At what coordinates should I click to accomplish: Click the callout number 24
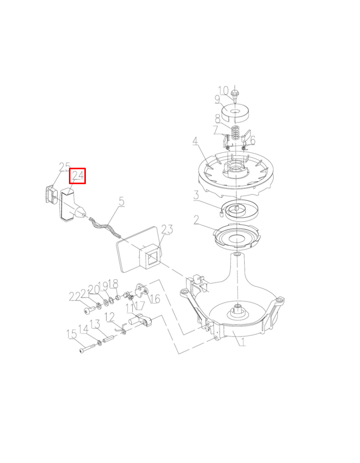(x=78, y=176)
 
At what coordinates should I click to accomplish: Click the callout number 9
(x=218, y=99)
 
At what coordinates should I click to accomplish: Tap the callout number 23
(x=167, y=229)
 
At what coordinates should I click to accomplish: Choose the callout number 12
(x=110, y=317)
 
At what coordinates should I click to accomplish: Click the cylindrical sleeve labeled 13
(x=109, y=339)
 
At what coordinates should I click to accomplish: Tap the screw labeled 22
(x=90, y=310)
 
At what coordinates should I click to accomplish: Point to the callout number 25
(x=64, y=167)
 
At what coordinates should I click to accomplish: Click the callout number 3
(x=196, y=195)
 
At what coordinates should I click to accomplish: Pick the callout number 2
(x=196, y=220)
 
